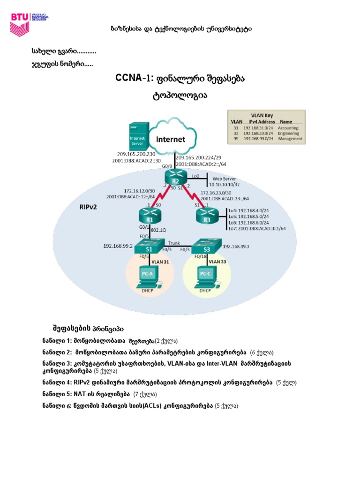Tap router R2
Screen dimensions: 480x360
[176, 177]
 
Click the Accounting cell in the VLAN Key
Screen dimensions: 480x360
[288, 127]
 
